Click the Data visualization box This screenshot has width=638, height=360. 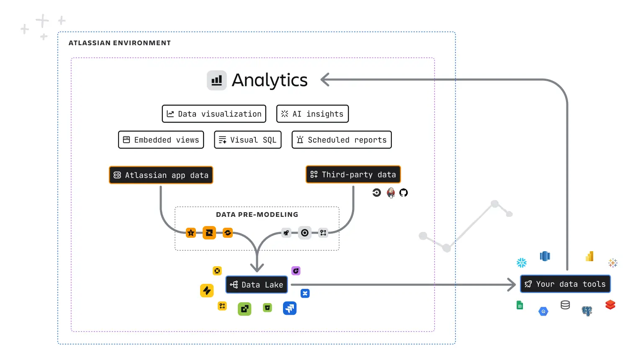point(214,114)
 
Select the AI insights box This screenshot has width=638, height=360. point(312,114)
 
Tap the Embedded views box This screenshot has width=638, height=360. point(161,140)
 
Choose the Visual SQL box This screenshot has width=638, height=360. point(247,140)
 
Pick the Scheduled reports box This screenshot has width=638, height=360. point(342,140)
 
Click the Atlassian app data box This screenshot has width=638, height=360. point(161,175)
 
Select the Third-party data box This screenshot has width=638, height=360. point(353,175)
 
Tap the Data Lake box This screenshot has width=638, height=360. point(257,285)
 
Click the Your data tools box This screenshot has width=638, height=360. point(565,284)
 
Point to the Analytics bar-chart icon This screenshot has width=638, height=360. point(216,80)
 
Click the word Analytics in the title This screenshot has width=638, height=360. point(270,80)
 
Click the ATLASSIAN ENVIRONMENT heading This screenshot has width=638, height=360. point(120,43)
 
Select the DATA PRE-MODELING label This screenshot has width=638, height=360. point(257,215)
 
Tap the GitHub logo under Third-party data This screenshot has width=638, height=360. point(404,193)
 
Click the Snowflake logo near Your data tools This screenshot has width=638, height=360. point(522,263)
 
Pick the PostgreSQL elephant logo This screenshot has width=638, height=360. point(587,311)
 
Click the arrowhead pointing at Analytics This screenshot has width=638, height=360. point(325,80)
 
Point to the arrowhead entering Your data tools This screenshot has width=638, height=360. point(512,285)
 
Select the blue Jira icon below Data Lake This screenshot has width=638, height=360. point(290,309)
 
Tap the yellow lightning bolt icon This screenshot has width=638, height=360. point(207,291)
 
